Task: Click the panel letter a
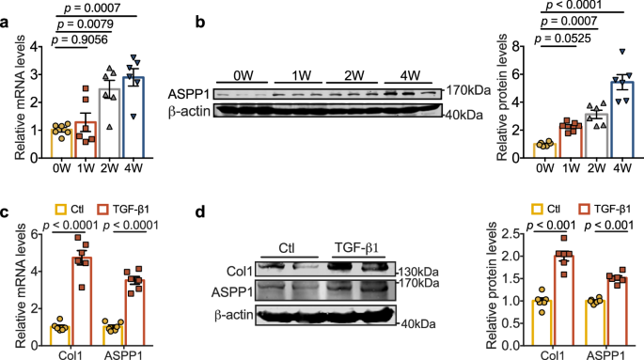(7, 12)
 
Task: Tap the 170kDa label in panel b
(465, 91)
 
